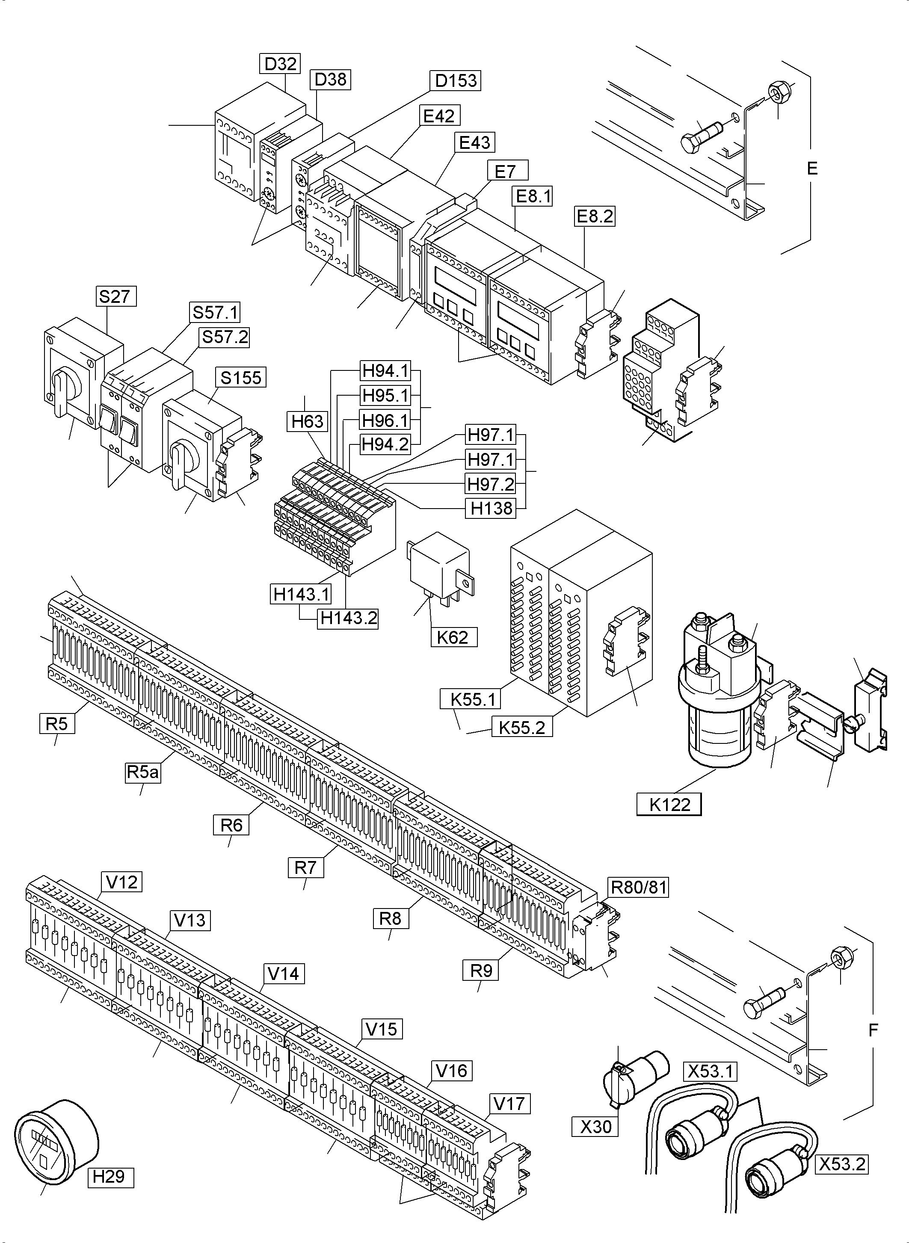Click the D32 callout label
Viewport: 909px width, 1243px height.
tap(280, 64)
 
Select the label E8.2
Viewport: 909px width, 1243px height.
tap(594, 216)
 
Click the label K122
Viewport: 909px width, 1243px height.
tap(669, 805)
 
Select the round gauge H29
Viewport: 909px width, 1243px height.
tap(55, 1139)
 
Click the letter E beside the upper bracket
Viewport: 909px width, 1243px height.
tap(812, 169)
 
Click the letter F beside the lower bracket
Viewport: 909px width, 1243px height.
tap(873, 1030)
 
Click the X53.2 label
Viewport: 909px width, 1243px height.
tap(842, 1165)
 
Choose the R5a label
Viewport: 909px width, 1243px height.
tap(143, 772)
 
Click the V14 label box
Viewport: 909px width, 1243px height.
tap(283, 974)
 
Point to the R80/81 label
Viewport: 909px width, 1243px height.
tap(639, 887)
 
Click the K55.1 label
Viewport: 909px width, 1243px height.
tap(471, 699)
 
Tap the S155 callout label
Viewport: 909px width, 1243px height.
tap(241, 377)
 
